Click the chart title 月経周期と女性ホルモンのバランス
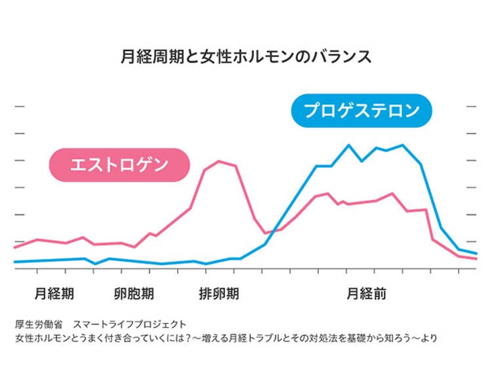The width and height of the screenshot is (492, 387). tap(246, 56)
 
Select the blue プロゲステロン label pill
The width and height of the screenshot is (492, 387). tap(361, 110)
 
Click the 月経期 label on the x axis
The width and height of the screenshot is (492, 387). tap(54, 293)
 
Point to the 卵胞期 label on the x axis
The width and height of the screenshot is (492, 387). tap(134, 293)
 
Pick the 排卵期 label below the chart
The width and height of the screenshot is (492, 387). tap(218, 293)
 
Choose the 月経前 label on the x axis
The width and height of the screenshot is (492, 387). tap(366, 293)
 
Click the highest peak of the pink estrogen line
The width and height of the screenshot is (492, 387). tap(218, 161)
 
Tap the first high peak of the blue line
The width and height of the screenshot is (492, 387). tap(348, 145)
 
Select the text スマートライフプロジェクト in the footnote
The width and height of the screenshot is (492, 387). tap(129, 324)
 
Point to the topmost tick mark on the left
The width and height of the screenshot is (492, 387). tap(19, 106)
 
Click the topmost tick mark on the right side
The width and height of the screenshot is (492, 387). tap(471, 106)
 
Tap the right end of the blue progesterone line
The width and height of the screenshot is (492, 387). tap(476, 253)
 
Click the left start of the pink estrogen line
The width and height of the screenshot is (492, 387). tap(14, 247)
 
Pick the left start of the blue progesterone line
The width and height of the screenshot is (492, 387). tap(14, 262)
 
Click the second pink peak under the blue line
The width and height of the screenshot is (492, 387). tap(392, 193)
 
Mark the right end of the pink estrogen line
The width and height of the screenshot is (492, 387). tap(476, 259)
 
